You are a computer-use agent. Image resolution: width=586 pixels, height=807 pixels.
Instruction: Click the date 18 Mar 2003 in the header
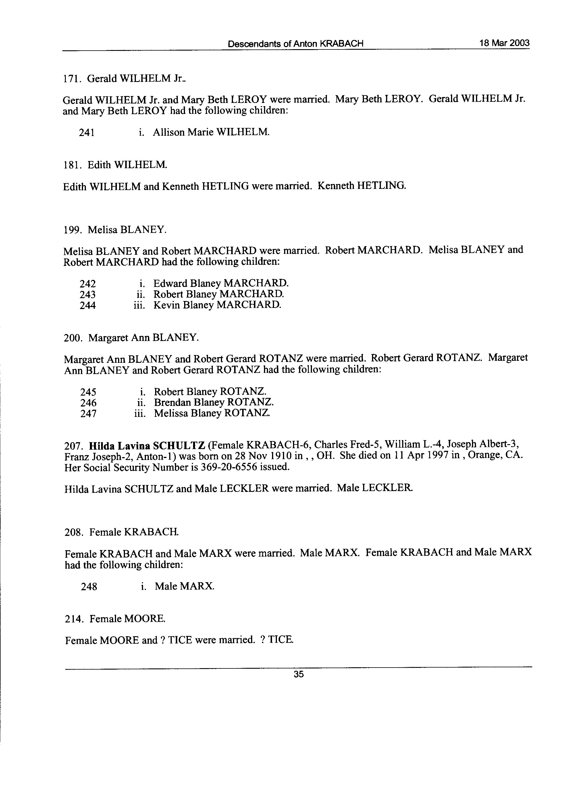tap(504, 43)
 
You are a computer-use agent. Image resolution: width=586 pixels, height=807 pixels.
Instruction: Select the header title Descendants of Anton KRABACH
tap(296, 44)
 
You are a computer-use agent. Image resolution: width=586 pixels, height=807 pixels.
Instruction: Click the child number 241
tap(87, 133)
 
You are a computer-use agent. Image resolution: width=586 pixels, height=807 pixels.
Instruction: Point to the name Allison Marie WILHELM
tap(211, 132)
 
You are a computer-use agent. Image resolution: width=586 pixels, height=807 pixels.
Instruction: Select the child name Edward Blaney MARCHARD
tap(221, 283)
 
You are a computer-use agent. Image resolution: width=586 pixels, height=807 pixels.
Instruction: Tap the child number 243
tap(88, 295)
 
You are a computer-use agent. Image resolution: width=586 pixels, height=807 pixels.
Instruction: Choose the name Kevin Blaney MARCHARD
tap(217, 305)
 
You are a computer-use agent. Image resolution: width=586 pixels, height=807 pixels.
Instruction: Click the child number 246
tap(88, 403)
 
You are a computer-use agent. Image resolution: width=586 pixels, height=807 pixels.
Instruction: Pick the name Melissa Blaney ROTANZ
tap(212, 413)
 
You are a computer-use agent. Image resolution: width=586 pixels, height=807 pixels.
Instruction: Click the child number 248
tap(89, 586)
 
